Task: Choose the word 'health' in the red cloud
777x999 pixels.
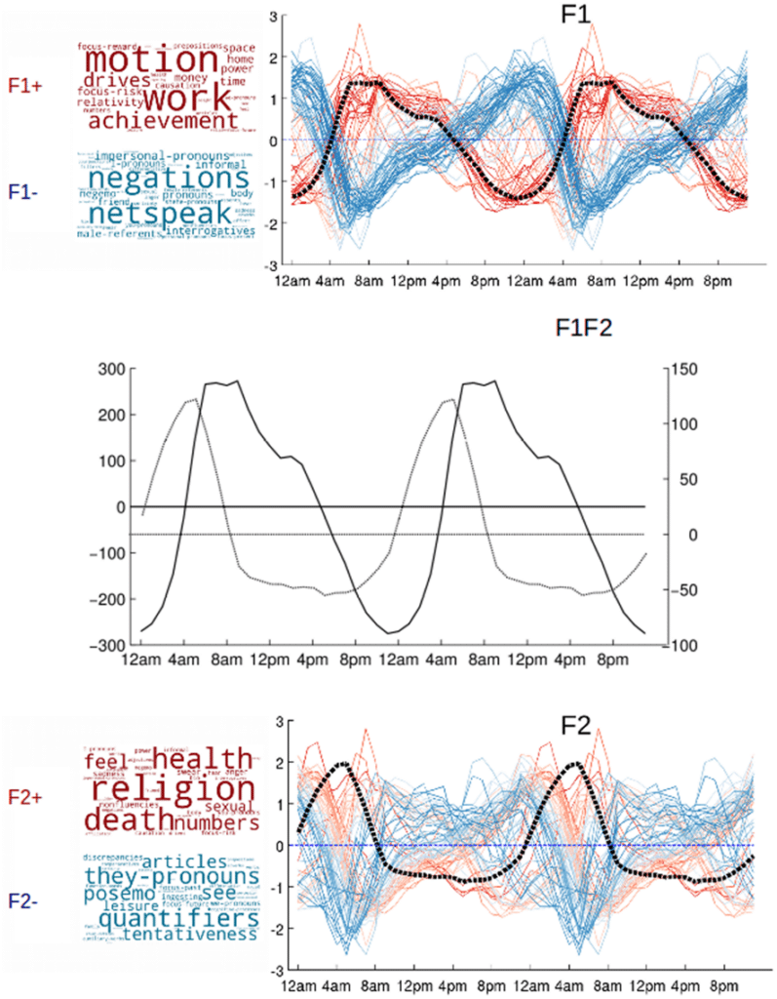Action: (203, 759)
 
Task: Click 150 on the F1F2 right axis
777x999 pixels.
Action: (686, 369)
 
